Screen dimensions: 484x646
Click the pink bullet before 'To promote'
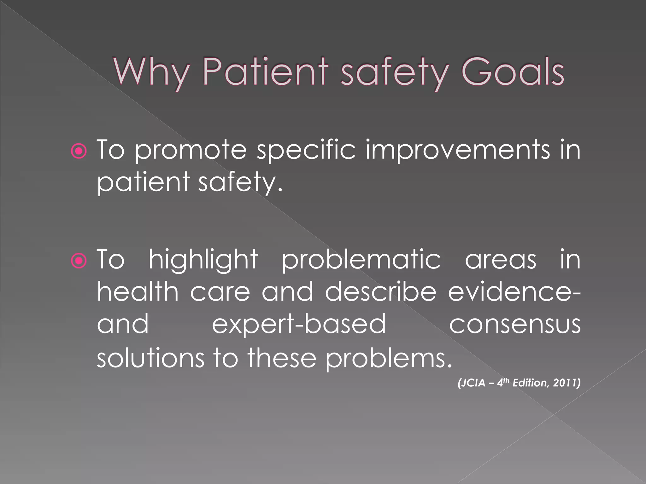tap(79, 152)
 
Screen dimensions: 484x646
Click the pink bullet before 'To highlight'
tap(79, 261)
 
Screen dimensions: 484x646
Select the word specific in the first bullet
tap(306, 151)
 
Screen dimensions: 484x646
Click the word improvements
tap(458, 151)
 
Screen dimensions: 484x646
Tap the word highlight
tap(203, 260)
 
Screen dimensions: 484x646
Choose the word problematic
tap(361, 260)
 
